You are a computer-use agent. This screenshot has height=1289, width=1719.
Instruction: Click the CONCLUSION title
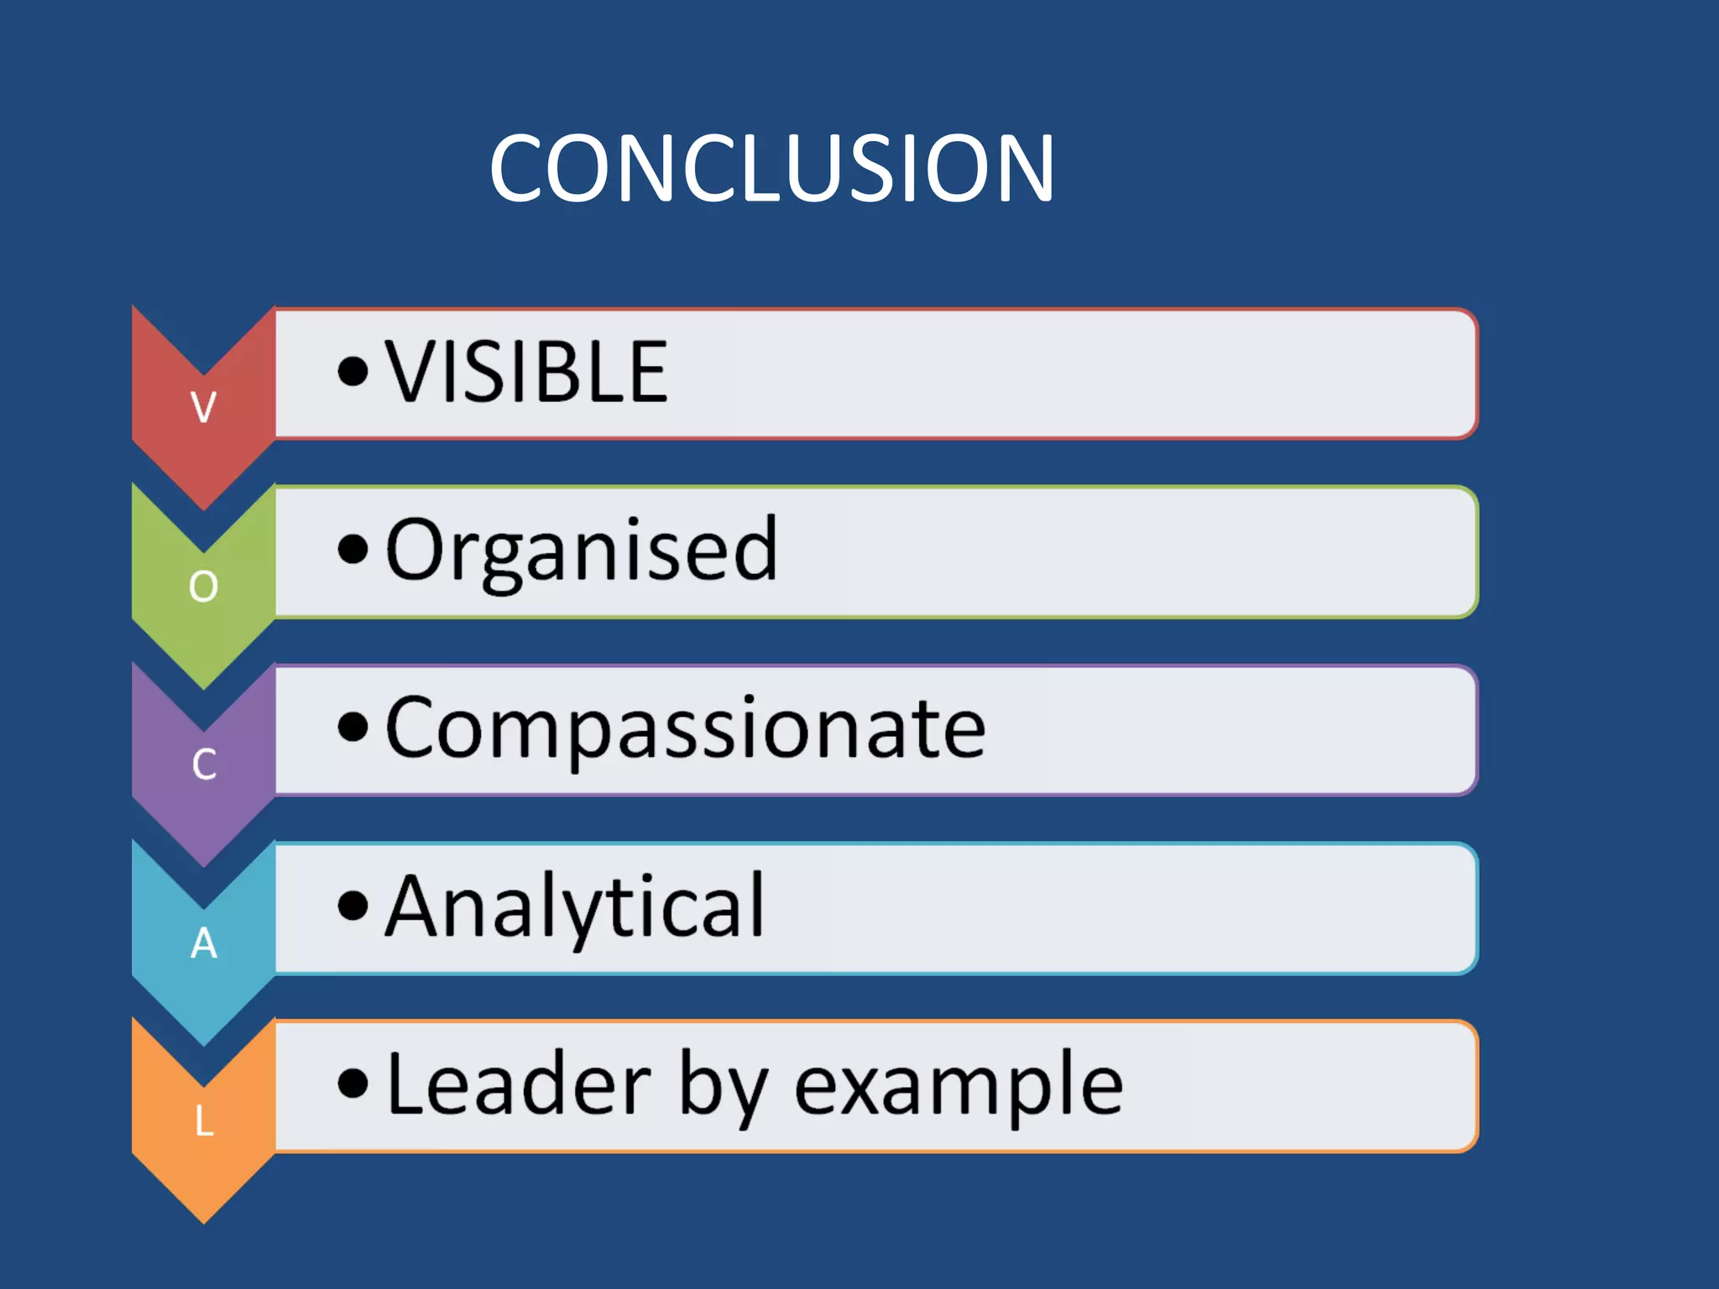(x=771, y=170)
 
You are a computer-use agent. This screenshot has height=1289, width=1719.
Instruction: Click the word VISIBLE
(x=527, y=373)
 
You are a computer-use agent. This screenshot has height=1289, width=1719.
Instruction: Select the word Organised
(x=581, y=551)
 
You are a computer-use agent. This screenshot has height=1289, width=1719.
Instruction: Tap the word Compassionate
(x=685, y=728)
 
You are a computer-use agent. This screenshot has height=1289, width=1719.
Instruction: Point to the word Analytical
(x=575, y=906)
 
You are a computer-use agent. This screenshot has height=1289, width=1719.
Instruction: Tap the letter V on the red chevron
(x=203, y=407)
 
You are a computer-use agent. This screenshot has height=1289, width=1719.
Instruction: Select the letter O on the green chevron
(x=203, y=586)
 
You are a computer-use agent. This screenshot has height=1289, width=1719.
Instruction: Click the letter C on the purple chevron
(x=204, y=765)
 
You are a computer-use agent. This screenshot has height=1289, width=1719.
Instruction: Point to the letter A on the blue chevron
(x=204, y=943)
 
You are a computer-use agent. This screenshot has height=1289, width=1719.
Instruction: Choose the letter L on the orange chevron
(x=204, y=1121)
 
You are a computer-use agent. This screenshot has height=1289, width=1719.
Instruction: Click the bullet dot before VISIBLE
(x=353, y=371)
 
